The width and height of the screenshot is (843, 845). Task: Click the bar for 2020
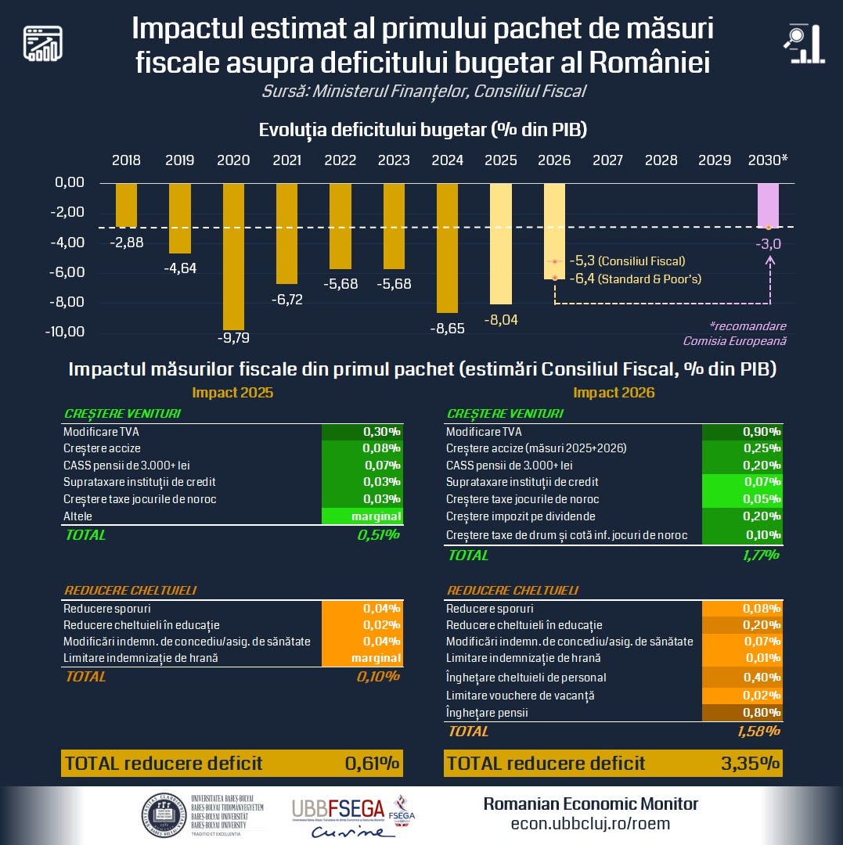pyautogui.click(x=233, y=257)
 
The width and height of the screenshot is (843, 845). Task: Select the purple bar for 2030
pyautogui.click(x=768, y=206)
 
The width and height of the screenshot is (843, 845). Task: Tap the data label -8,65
pyautogui.click(x=447, y=329)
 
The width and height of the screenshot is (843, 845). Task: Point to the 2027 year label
pyautogui.click(x=607, y=160)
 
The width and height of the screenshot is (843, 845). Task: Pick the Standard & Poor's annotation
pyautogui.click(x=635, y=279)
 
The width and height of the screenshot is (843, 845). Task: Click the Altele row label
pyautogui.click(x=78, y=516)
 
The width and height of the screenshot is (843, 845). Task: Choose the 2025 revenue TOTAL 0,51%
pyautogui.click(x=378, y=535)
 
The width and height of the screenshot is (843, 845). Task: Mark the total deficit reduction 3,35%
pyautogui.click(x=749, y=764)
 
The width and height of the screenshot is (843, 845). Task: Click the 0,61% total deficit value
pyautogui.click(x=372, y=764)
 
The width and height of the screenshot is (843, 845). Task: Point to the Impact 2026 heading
pyautogui.click(x=614, y=393)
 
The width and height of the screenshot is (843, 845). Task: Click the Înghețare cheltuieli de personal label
pyautogui.click(x=526, y=678)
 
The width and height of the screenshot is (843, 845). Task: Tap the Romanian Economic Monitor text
pyautogui.click(x=590, y=804)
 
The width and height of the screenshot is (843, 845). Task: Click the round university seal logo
pyautogui.click(x=162, y=816)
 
